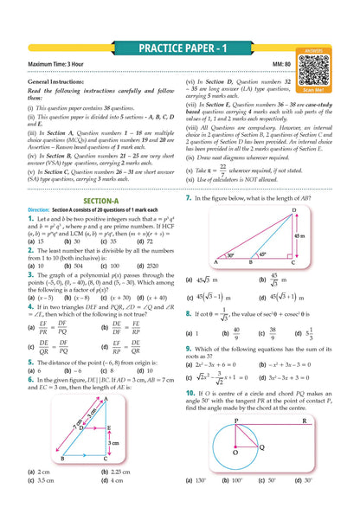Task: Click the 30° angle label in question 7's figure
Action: pos(228,255)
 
